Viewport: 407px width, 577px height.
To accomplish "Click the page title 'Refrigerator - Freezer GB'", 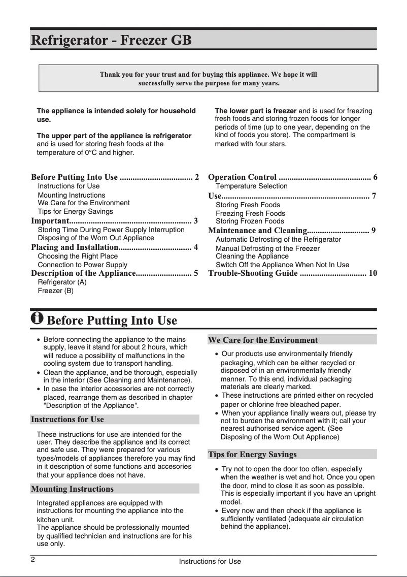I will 111,40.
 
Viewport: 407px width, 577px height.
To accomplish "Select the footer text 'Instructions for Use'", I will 210,561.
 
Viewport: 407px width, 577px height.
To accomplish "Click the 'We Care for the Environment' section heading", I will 263,340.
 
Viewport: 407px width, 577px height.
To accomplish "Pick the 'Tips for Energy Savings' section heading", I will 252,454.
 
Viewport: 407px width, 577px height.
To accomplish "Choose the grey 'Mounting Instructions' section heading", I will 72,489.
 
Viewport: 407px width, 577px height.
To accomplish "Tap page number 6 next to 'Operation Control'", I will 375,177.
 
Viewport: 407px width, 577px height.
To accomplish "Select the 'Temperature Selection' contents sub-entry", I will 251,186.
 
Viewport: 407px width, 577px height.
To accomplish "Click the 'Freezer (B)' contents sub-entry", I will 55,291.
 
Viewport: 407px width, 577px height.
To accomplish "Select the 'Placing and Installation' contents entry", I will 74,247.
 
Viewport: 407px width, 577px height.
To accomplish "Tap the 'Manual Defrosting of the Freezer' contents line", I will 267,248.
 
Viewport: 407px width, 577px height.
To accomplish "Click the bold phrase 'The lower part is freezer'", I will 256,111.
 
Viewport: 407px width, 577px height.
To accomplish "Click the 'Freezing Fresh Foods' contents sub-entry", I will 250,213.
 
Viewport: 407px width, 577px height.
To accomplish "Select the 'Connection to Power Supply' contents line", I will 82,265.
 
